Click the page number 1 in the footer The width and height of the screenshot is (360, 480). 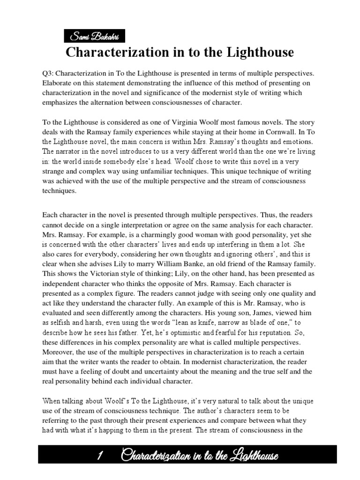tap(101, 456)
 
